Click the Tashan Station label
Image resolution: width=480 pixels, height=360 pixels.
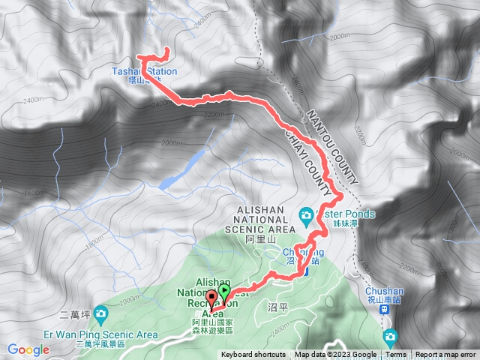click(145, 72)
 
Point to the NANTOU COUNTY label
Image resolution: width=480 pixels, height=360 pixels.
click(329, 145)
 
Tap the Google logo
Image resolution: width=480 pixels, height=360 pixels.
click(28, 349)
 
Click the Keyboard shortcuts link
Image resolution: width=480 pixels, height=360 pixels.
click(253, 355)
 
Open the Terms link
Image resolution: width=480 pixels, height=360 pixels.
click(396, 355)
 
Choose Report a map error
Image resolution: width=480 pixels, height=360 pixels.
click(445, 355)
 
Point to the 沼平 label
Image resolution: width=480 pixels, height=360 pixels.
click(277, 308)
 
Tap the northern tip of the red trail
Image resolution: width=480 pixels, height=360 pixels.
click(165, 50)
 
